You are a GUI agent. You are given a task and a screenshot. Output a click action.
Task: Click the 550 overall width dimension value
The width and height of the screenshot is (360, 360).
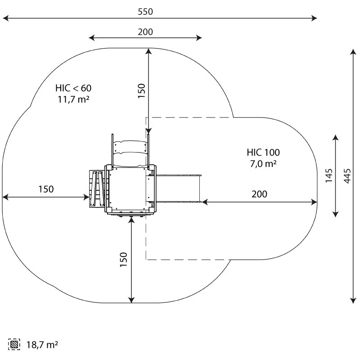click(x=145, y=12)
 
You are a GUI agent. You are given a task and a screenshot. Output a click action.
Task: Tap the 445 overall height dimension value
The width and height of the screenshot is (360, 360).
click(x=346, y=176)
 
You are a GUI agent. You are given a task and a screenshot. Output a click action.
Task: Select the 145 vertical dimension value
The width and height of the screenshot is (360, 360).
click(x=329, y=175)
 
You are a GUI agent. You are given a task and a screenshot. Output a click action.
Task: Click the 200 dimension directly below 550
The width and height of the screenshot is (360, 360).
click(x=145, y=31)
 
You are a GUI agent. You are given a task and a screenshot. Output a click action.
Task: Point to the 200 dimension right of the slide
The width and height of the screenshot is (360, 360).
click(x=259, y=194)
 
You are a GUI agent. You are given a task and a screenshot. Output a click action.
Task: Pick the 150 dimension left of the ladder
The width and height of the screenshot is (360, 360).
click(x=46, y=189)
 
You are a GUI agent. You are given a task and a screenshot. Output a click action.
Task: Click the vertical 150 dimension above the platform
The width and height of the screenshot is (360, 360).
click(x=141, y=91)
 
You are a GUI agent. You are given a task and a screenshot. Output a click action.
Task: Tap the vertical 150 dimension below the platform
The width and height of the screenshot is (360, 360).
click(x=124, y=260)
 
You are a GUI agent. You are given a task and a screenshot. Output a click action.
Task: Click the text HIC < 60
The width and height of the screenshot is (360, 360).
click(x=73, y=88)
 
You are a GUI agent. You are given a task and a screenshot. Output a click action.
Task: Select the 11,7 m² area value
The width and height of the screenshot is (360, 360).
click(x=73, y=99)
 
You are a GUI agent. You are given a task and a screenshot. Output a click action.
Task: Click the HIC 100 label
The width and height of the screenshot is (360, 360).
click(x=263, y=152)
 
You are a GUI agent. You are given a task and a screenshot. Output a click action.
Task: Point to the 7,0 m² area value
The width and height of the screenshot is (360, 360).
click(x=263, y=164)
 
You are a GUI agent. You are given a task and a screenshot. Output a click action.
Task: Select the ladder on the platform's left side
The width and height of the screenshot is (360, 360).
click(x=97, y=189)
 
